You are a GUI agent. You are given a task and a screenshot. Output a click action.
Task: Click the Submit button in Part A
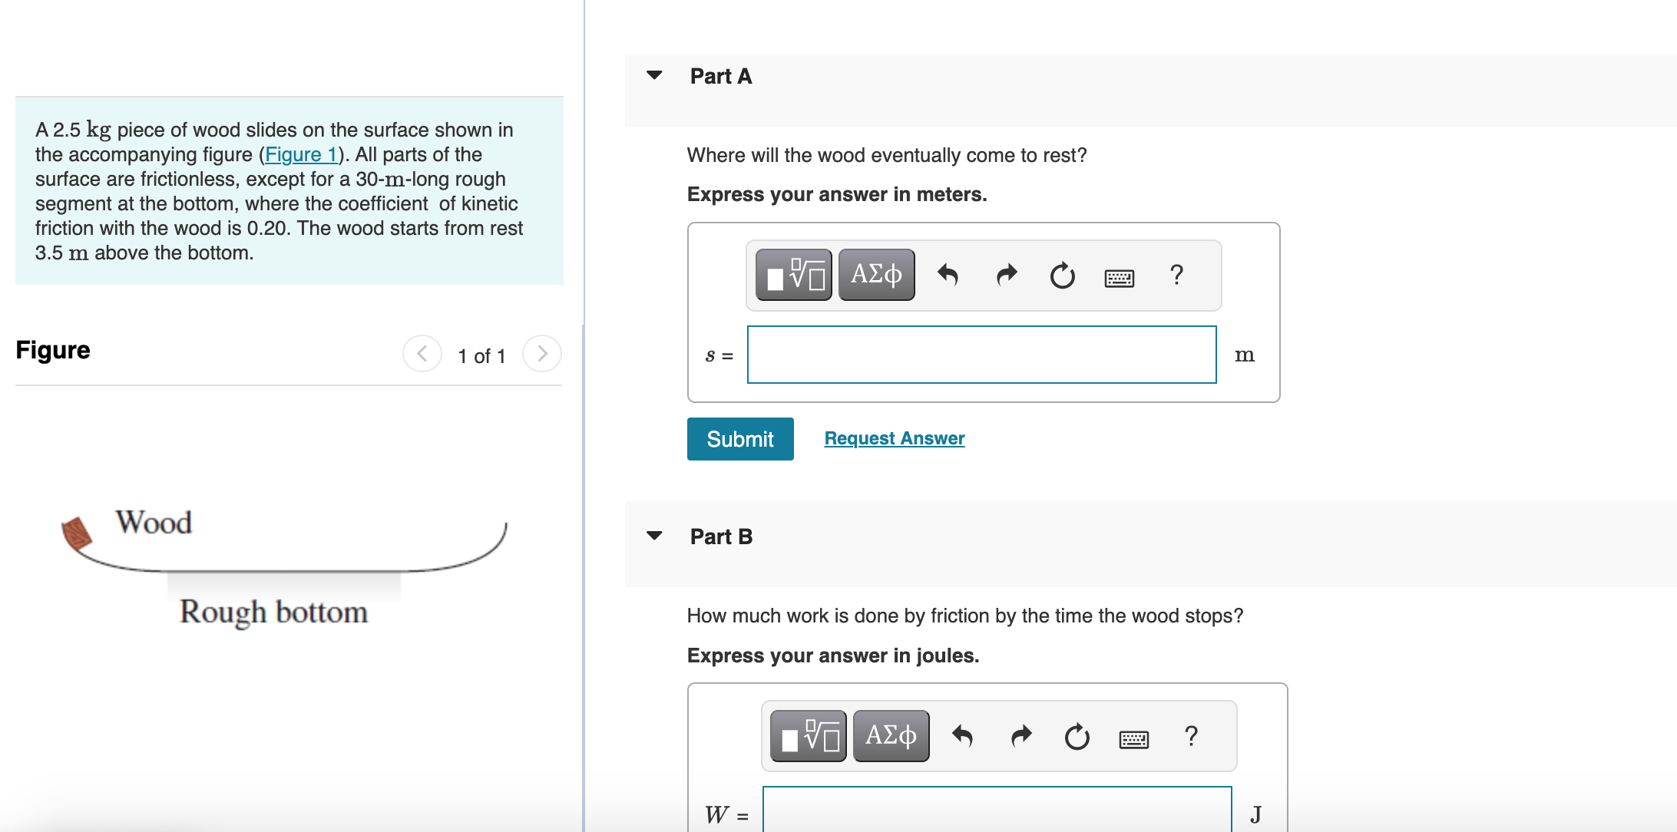(739, 439)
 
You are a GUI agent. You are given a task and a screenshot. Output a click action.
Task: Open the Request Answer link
(894, 438)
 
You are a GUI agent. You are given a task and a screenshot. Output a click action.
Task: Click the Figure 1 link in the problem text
(301, 154)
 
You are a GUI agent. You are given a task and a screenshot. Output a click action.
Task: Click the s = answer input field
(981, 355)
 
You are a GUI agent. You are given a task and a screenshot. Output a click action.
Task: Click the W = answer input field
(997, 812)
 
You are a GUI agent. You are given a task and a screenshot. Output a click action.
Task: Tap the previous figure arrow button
(422, 354)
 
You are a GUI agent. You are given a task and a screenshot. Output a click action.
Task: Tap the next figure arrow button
(541, 354)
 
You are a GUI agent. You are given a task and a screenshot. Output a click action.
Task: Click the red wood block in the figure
(77, 533)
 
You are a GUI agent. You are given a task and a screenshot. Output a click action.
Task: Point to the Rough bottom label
(273, 612)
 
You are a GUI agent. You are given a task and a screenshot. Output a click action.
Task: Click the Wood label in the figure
(154, 523)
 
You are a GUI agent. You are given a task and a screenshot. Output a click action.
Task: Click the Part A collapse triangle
(654, 75)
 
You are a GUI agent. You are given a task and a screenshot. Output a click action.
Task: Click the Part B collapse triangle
(654, 536)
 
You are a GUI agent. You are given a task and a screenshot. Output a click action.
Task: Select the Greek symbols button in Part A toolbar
(876, 274)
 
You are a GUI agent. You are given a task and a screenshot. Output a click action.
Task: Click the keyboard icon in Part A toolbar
(1119, 278)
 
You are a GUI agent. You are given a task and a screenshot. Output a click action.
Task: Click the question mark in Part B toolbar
(1190, 736)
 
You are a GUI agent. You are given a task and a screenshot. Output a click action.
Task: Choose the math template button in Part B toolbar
(808, 736)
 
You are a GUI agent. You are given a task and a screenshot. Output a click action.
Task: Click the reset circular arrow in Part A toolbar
(1062, 275)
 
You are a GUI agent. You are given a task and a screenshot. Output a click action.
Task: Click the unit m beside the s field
(1244, 355)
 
